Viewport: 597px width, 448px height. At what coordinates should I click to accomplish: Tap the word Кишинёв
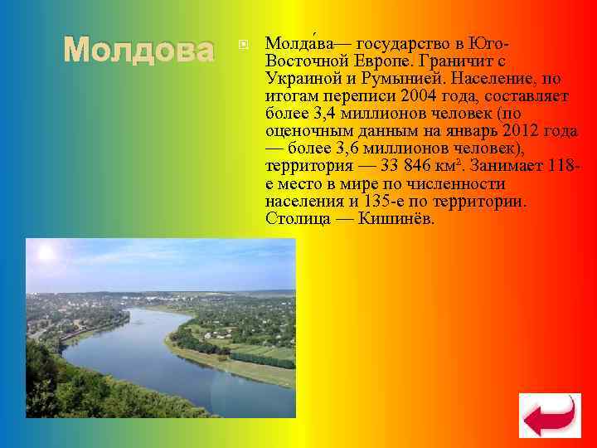click(x=397, y=218)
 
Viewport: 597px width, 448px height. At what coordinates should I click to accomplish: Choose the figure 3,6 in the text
click(x=347, y=149)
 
